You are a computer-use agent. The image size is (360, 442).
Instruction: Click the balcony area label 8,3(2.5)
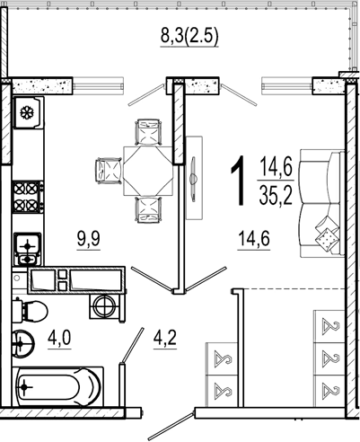click(189, 37)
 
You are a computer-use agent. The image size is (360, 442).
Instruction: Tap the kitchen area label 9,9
click(89, 239)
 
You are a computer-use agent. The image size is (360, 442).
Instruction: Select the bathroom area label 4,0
click(59, 339)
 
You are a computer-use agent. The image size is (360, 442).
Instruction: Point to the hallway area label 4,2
click(165, 339)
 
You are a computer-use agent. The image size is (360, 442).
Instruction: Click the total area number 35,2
click(276, 195)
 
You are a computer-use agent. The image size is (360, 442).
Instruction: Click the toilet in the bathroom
click(30, 312)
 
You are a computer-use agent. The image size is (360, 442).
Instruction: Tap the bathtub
click(58, 386)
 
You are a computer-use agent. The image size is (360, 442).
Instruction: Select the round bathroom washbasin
click(23, 343)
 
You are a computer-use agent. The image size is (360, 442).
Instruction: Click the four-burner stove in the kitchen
click(28, 197)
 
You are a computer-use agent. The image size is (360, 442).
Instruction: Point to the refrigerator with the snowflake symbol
click(29, 112)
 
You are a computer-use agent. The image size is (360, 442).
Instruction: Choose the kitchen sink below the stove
click(28, 249)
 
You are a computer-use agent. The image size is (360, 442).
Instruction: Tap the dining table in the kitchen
click(148, 171)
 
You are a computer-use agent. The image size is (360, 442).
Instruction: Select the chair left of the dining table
click(109, 171)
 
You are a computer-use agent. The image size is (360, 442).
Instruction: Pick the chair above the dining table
click(148, 132)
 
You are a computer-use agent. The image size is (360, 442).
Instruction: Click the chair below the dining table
click(148, 209)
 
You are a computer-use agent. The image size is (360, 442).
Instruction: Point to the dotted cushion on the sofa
click(327, 239)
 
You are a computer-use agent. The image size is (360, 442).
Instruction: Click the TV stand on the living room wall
click(194, 178)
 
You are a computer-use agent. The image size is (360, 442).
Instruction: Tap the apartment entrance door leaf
click(171, 426)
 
